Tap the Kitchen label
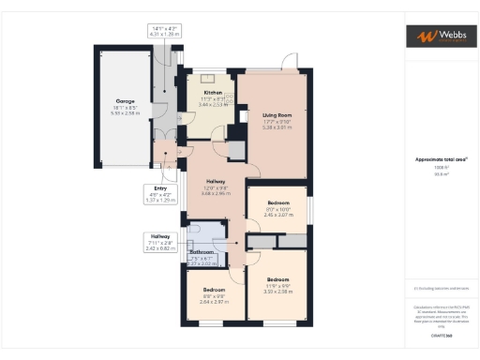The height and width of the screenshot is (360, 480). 213,93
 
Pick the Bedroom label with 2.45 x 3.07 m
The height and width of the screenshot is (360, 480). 277,202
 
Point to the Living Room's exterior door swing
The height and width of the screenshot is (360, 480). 289,61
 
